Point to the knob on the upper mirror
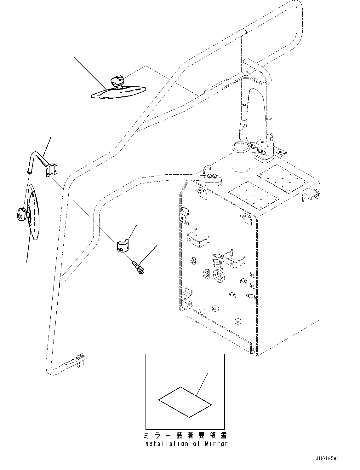[117, 81]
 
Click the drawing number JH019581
[328, 459]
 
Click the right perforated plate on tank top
[282, 178]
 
